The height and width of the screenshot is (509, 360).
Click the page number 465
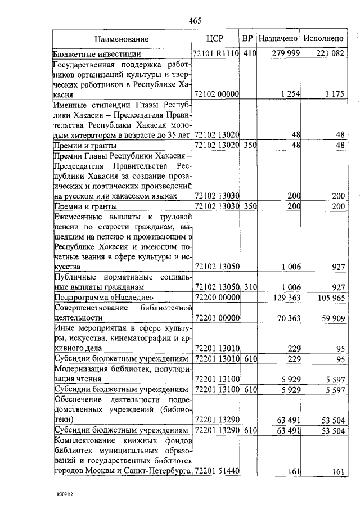[x=195, y=21]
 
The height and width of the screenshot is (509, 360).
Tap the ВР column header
[x=247, y=39]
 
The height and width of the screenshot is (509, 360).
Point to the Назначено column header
[x=278, y=39]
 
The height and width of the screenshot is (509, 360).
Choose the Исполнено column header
[x=323, y=39]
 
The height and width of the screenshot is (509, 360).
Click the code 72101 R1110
[x=217, y=54]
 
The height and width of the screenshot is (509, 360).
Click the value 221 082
[x=329, y=54]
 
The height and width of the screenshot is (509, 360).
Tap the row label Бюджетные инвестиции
[x=97, y=55]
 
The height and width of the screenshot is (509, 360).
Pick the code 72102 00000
[x=217, y=94]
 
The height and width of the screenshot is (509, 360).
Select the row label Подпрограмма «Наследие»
[x=103, y=297]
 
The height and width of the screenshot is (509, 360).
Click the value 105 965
[x=329, y=297]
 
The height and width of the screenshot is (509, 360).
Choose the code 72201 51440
[x=217, y=472]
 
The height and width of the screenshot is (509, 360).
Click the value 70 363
[x=287, y=318]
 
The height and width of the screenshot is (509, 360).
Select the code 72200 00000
[x=217, y=297]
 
